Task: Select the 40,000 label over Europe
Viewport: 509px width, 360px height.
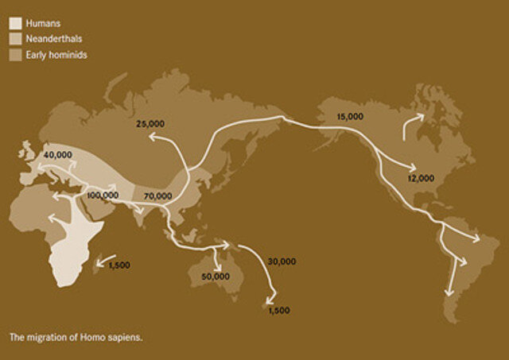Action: click(59, 154)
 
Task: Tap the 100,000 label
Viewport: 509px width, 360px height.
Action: click(103, 195)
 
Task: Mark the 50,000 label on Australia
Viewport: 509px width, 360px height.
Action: click(215, 276)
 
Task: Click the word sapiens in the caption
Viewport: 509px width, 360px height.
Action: click(126, 337)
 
